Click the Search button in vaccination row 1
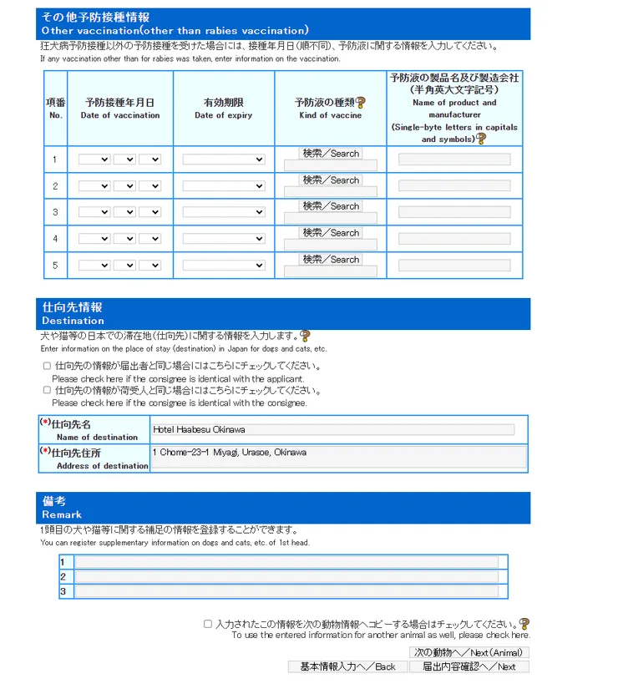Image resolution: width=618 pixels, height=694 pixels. click(x=331, y=154)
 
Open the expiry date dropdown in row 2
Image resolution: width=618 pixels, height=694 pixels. click(x=223, y=186)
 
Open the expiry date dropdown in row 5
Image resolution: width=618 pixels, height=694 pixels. click(x=223, y=266)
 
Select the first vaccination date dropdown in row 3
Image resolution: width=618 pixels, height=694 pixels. click(x=94, y=213)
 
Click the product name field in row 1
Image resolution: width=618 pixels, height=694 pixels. click(x=454, y=160)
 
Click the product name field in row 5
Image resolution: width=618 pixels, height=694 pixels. click(x=454, y=266)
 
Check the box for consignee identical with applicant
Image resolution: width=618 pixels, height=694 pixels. click(x=46, y=366)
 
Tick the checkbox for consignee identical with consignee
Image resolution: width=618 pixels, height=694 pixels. click(x=46, y=390)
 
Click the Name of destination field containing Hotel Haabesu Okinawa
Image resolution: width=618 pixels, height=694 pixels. click(x=333, y=429)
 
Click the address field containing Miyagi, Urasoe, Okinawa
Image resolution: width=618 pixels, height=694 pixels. click(x=338, y=457)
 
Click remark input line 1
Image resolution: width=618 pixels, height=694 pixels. click(x=286, y=562)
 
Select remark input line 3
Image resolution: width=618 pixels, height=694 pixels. click(x=286, y=591)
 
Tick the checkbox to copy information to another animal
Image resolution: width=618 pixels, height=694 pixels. click(x=208, y=624)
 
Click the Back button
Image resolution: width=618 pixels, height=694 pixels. click(x=348, y=666)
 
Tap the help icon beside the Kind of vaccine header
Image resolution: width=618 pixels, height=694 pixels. click(x=361, y=103)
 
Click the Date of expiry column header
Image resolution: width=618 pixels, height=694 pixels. click(x=223, y=109)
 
